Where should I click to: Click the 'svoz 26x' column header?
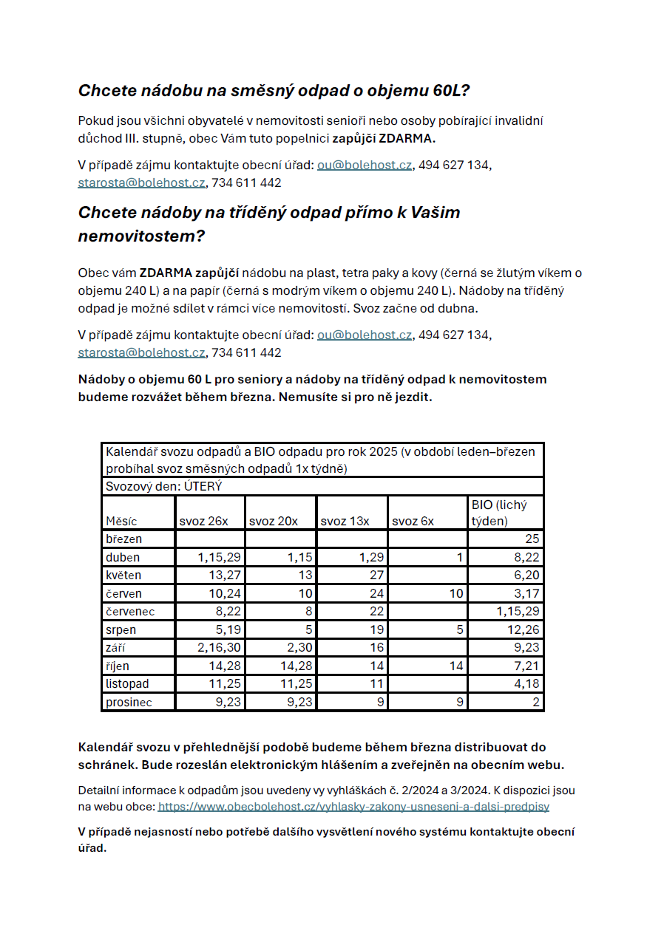[203, 521]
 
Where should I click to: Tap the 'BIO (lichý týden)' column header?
[500, 513]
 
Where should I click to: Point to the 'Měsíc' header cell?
[121, 521]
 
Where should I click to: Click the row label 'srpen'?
[121, 630]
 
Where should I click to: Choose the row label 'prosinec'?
[129, 702]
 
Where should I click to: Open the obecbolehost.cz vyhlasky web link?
[353, 807]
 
